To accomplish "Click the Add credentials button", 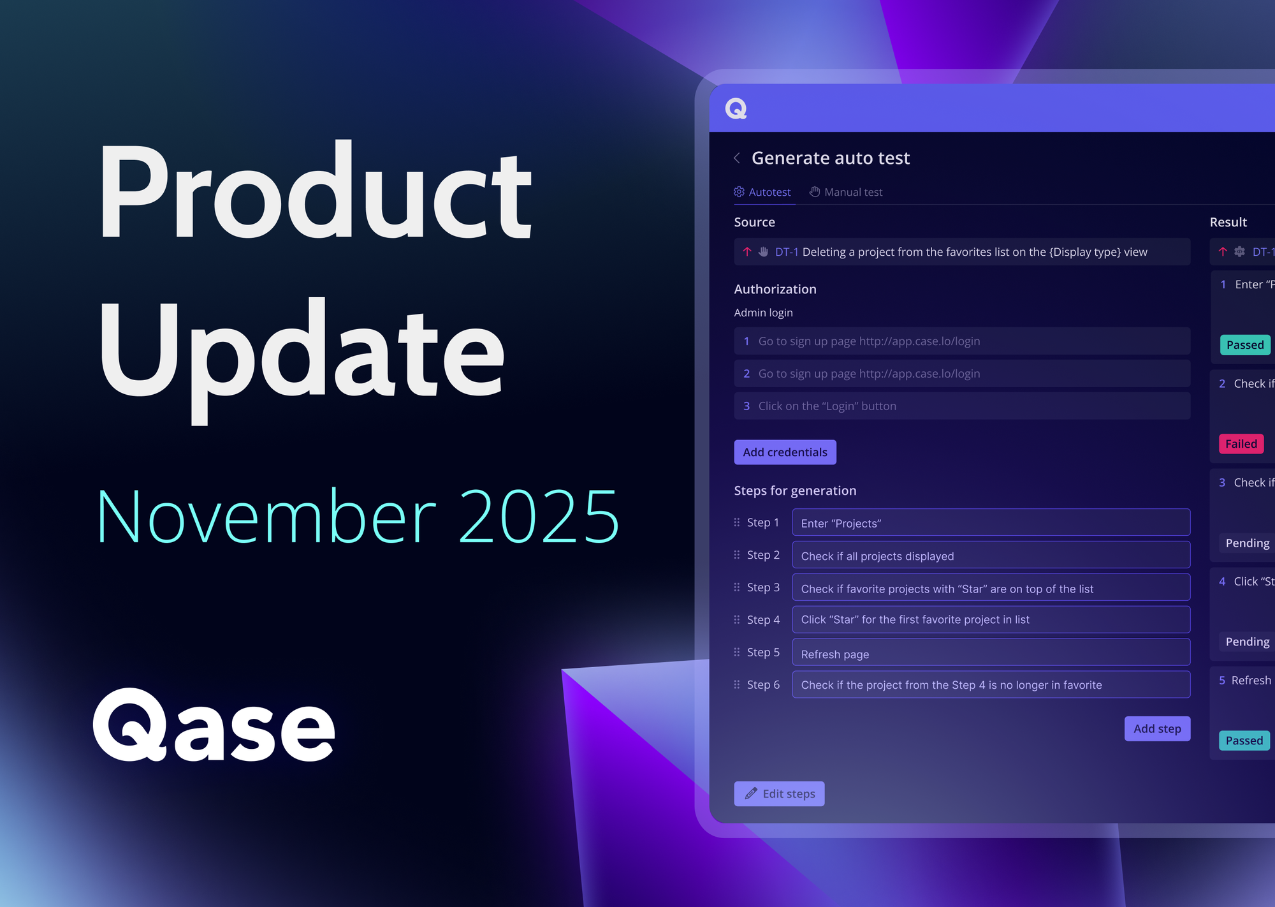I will [785, 452].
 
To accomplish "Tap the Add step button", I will [1157, 729].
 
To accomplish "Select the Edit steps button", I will [779, 794].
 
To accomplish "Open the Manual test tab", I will [846, 192].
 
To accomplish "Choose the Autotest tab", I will [762, 192].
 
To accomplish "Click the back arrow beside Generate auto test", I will [737, 158].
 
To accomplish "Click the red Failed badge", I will [1241, 444].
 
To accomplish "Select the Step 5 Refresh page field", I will [991, 653].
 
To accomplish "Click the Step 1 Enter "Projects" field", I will [991, 523].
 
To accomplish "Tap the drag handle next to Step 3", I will [737, 587].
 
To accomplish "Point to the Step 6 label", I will [763, 685].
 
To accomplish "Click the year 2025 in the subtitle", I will [539, 517].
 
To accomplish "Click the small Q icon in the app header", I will [736, 109].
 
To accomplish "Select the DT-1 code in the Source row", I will [787, 253].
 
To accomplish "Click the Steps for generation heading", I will [795, 491].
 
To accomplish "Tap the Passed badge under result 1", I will [1244, 345].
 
